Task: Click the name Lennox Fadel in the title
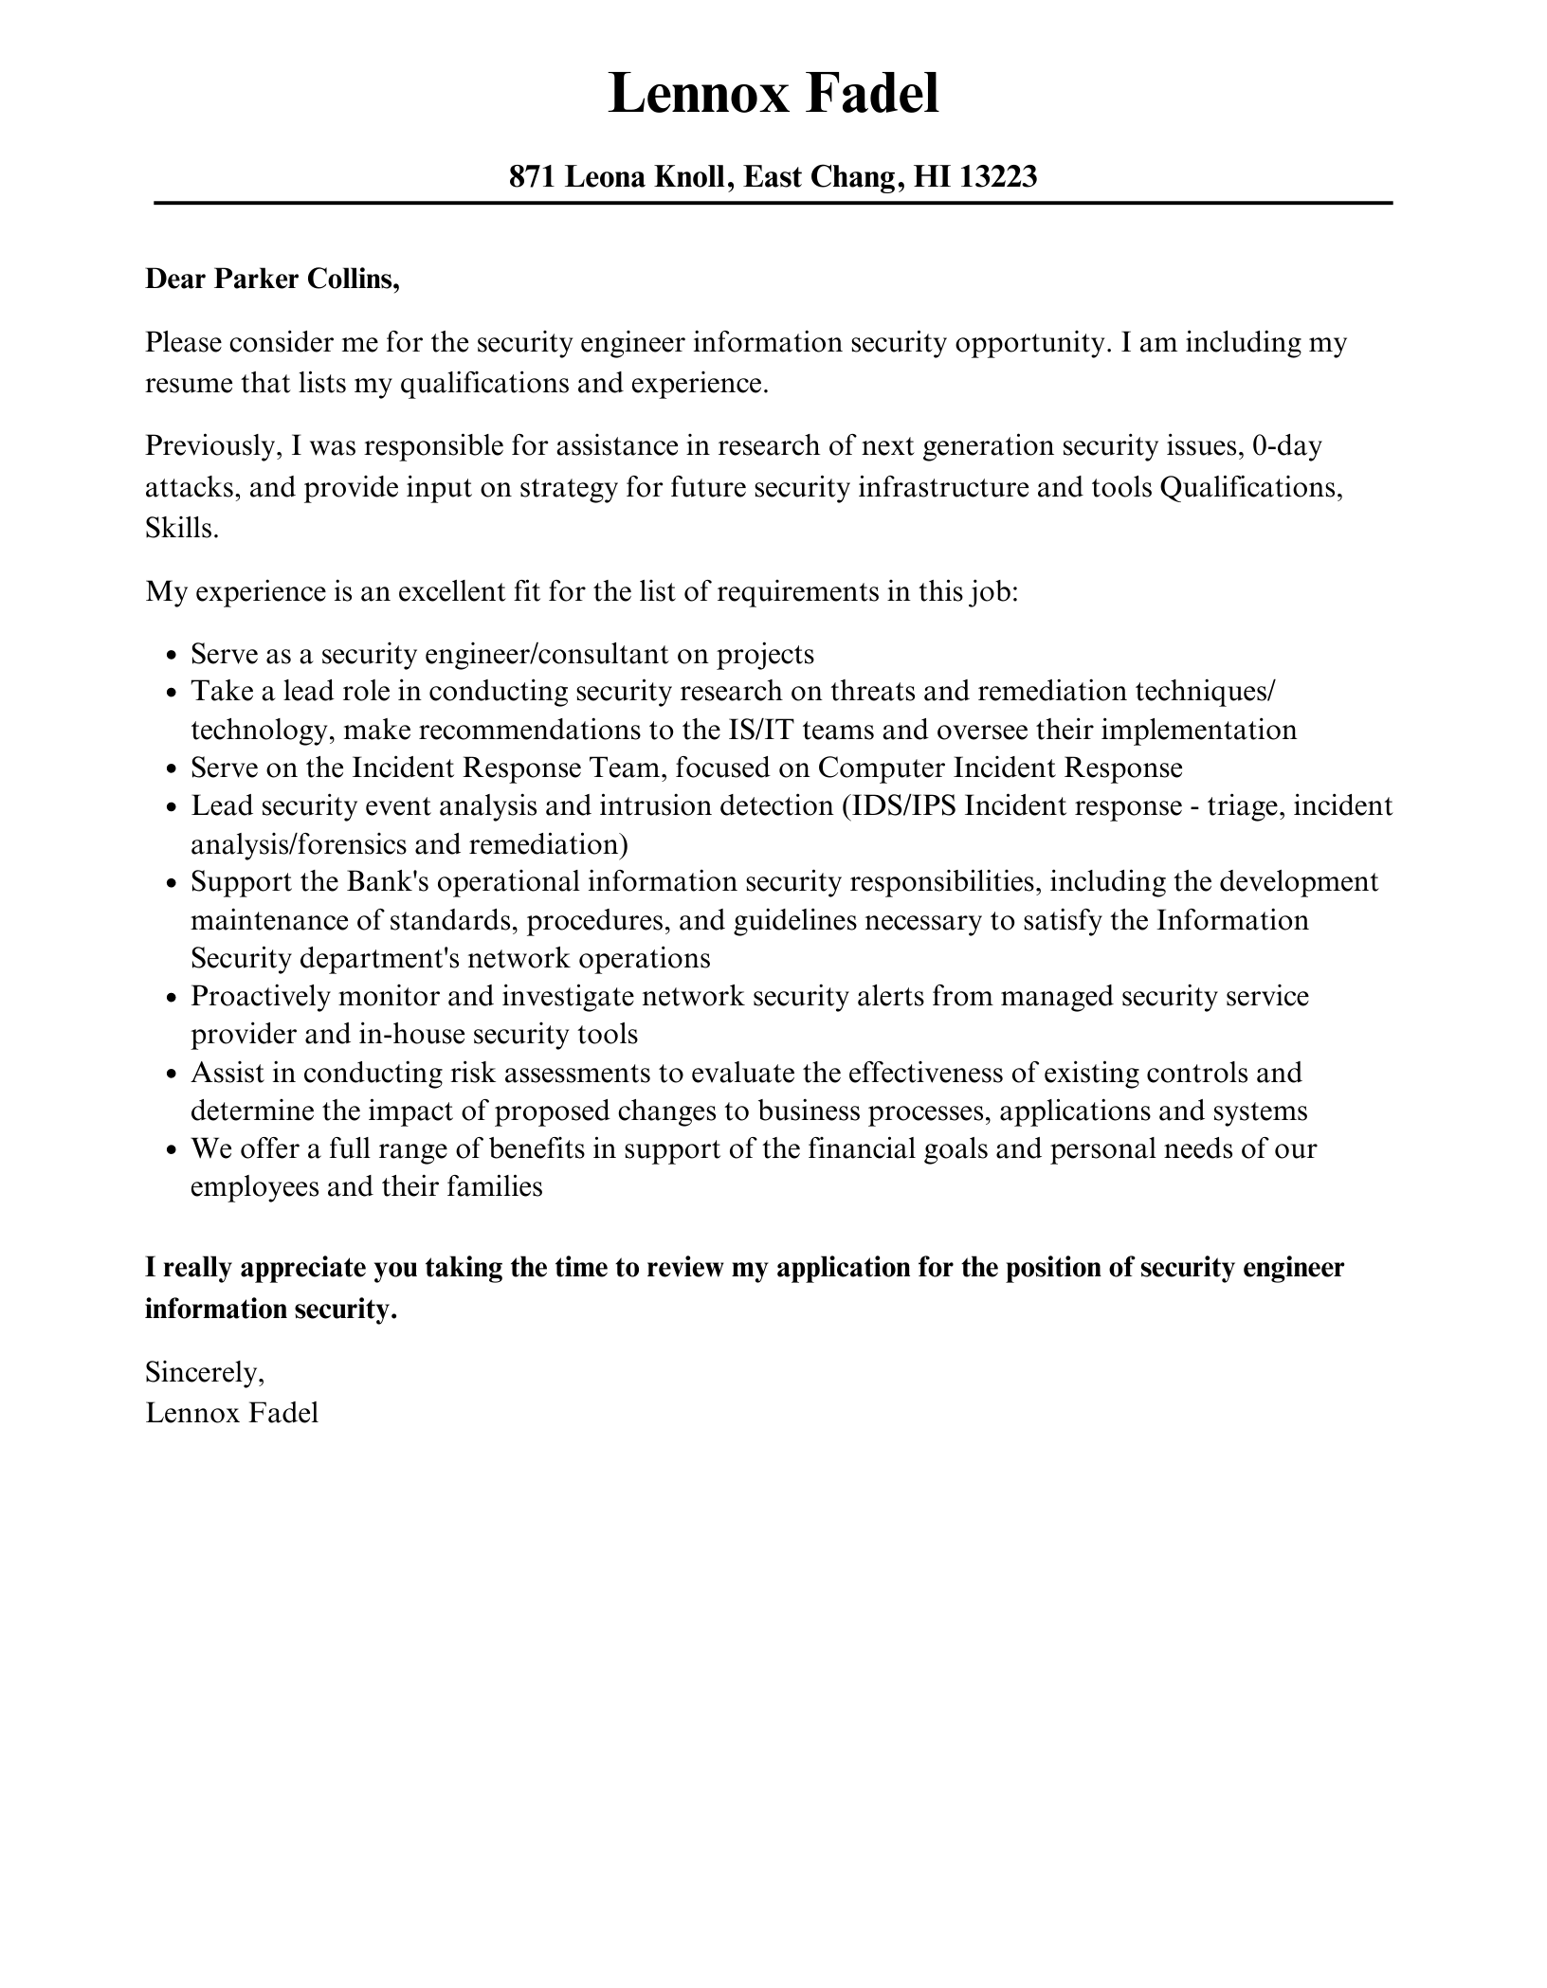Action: point(773,95)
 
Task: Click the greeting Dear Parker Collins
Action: point(272,280)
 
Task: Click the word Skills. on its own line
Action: point(181,529)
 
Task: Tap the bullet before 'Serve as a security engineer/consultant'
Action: point(172,656)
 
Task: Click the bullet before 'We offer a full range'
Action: point(172,1150)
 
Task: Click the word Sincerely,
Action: point(205,1371)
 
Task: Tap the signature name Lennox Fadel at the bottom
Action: point(232,1413)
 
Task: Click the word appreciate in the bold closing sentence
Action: point(298,1268)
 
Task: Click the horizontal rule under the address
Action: point(773,203)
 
